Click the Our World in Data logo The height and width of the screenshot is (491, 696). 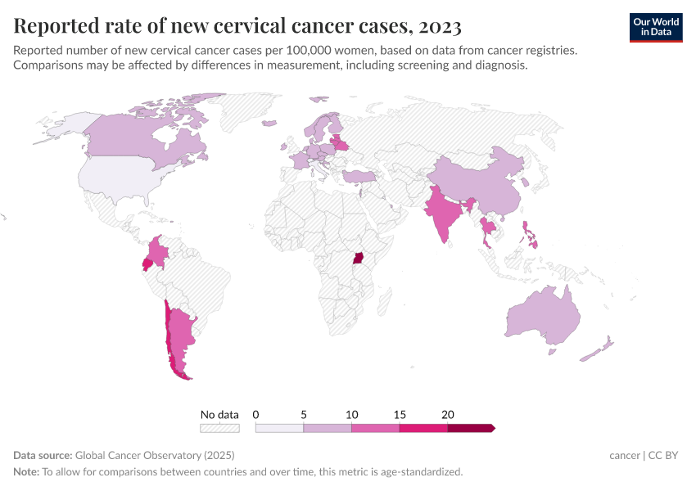(x=655, y=27)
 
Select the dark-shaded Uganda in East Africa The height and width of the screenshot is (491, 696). (x=358, y=259)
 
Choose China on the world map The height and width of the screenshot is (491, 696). (x=475, y=180)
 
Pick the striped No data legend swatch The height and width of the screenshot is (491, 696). (x=219, y=428)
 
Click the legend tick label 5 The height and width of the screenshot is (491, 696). (x=303, y=415)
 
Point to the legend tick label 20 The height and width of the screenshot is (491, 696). (x=447, y=415)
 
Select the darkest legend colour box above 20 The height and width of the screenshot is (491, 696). (x=470, y=428)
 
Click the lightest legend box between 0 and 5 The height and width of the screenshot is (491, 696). (x=279, y=428)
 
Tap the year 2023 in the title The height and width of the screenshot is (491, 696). (x=439, y=26)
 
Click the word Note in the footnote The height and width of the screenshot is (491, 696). (x=25, y=471)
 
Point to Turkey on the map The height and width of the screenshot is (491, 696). (x=359, y=176)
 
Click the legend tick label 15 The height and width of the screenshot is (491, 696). (x=399, y=415)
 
